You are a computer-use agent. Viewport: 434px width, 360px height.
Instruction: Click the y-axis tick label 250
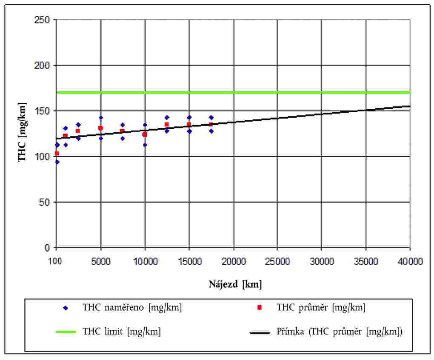tap(43, 20)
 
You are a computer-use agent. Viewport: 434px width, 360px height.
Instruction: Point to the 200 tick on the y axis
tap(43, 65)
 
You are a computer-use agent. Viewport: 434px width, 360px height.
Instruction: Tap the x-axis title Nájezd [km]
tap(235, 285)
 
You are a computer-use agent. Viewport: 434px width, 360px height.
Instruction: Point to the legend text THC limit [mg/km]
tap(122, 332)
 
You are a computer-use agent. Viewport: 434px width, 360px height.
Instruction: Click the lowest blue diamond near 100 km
tap(57, 162)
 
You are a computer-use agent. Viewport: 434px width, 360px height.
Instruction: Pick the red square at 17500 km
tap(211, 125)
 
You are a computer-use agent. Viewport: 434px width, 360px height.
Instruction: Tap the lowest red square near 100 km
tap(57, 153)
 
